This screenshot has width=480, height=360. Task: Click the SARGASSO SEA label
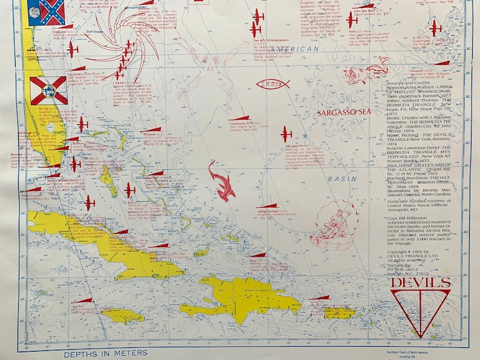click(x=340, y=111)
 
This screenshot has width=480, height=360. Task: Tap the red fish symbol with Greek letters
click(x=272, y=85)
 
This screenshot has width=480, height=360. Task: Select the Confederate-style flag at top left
click(x=51, y=12)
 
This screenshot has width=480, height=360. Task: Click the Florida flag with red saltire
click(x=48, y=90)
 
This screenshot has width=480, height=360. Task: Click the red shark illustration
click(x=222, y=179)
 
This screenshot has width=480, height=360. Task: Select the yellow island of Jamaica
click(x=122, y=315)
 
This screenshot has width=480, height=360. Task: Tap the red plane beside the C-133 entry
click(x=435, y=27)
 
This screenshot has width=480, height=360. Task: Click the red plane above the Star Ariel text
click(x=286, y=133)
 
